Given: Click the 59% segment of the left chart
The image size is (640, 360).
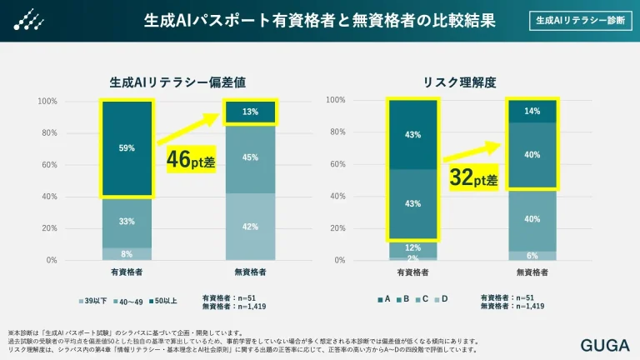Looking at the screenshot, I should (127, 149).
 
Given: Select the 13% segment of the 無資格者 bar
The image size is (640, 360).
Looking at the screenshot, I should (251, 112).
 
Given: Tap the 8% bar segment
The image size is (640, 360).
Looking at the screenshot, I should (127, 253).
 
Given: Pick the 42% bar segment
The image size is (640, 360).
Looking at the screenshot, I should (251, 226).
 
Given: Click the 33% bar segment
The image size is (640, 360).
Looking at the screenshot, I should (127, 222).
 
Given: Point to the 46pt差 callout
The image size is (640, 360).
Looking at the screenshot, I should (191, 159).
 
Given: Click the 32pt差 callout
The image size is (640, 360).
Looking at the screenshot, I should (472, 177).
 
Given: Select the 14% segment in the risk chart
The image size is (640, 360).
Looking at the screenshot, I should (532, 111).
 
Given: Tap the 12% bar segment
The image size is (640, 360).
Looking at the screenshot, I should (413, 248).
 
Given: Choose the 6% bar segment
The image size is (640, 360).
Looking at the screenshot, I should (532, 255).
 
